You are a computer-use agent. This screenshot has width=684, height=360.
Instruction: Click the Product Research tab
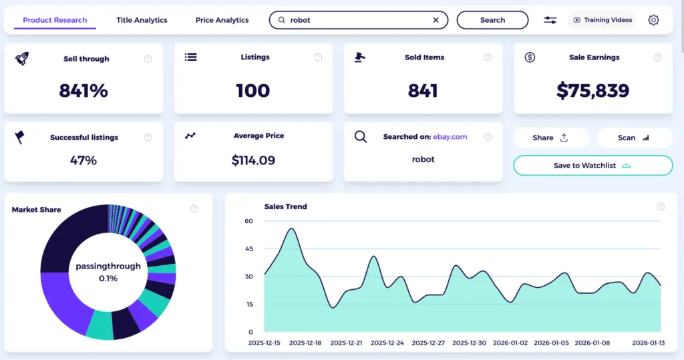pyautogui.click(x=55, y=20)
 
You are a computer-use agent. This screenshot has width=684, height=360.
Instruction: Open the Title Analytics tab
pyautogui.click(x=142, y=20)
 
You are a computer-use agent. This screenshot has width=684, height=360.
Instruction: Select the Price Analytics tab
pyautogui.click(x=222, y=20)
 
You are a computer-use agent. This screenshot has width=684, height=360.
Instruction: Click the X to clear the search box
pyautogui.click(x=436, y=20)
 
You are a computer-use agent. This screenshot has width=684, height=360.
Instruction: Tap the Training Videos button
pyautogui.click(x=603, y=20)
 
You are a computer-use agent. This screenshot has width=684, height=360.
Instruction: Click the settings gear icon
pyautogui.click(x=653, y=20)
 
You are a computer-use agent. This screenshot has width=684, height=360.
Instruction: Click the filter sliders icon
pyautogui.click(x=550, y=20)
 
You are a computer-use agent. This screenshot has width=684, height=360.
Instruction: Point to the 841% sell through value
pyautogui.click(x=83, y=91)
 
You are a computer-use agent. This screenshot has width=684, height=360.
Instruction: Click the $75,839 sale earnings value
pyautogui.click(x=594, y=91)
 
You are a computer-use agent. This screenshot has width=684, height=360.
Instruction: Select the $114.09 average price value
pyautogui.click(x=253, y=160)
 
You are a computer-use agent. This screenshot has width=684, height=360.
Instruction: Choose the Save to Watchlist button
pyautogui.click(x=592, y=166)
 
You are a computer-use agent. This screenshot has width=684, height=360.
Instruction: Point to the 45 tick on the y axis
pyautogui.click(x=249, y=249)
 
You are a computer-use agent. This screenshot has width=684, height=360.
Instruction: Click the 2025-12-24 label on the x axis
pyautogui.click(x=387, y=343)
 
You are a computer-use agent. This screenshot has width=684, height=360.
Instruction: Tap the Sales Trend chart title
pyautogui.click(x=285, y=207)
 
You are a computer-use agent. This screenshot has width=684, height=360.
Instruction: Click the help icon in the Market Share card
pyautogui.click(x=194, y=208)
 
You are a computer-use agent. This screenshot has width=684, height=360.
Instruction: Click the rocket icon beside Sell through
pyautogui.click(x=21, y=58)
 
